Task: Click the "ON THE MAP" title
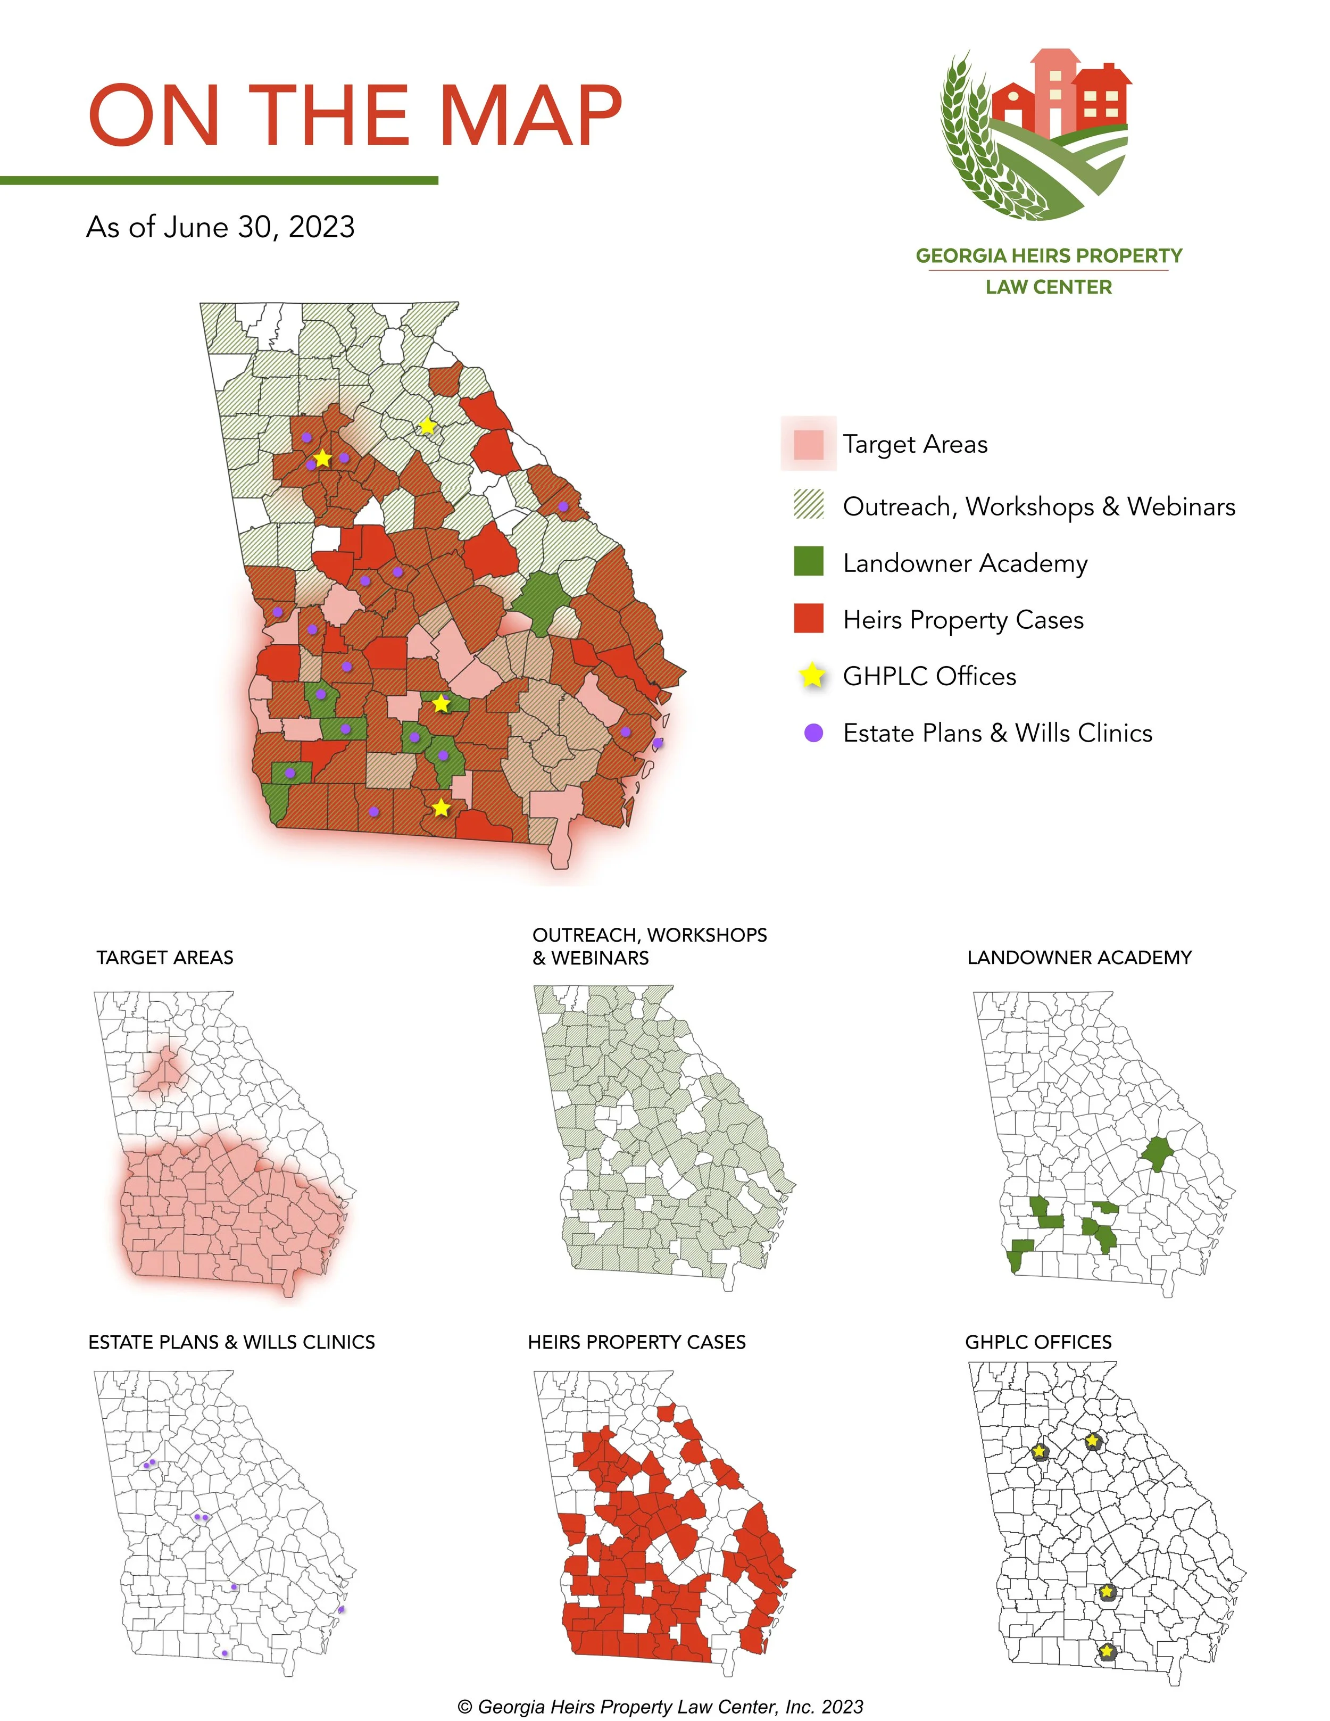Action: pyautogui.click(x=354, y=116)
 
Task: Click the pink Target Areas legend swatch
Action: pyautogui.click(x=809, y=444)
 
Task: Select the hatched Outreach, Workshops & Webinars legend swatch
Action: pyautogui.click(x=809, y=504)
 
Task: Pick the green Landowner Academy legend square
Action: pyautogui.click(x=809, y=562)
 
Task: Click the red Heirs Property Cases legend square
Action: pyautogui.click(x=809, y=619)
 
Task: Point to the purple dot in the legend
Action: pyautogui.click(x=813, y=733)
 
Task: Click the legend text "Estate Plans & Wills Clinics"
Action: pyautogui.click(x=997, y=733)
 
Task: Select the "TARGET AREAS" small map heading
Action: pyautogui.click(x=165, y=958)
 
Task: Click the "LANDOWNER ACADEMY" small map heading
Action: pyautogui.click(x=1079, y=958)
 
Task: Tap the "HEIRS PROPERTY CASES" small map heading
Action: pyautogui.click(x=637, y=1342)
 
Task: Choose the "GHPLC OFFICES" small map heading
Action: pyautogui.click(x=1038, y=1342)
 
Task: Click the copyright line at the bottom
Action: pyautogui.click(x=660, y=1707)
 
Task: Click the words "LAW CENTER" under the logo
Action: pyautogui.click(x=1049, y=287)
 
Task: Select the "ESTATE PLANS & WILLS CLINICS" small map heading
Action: pyautogui.click(x=231, y=1342)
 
